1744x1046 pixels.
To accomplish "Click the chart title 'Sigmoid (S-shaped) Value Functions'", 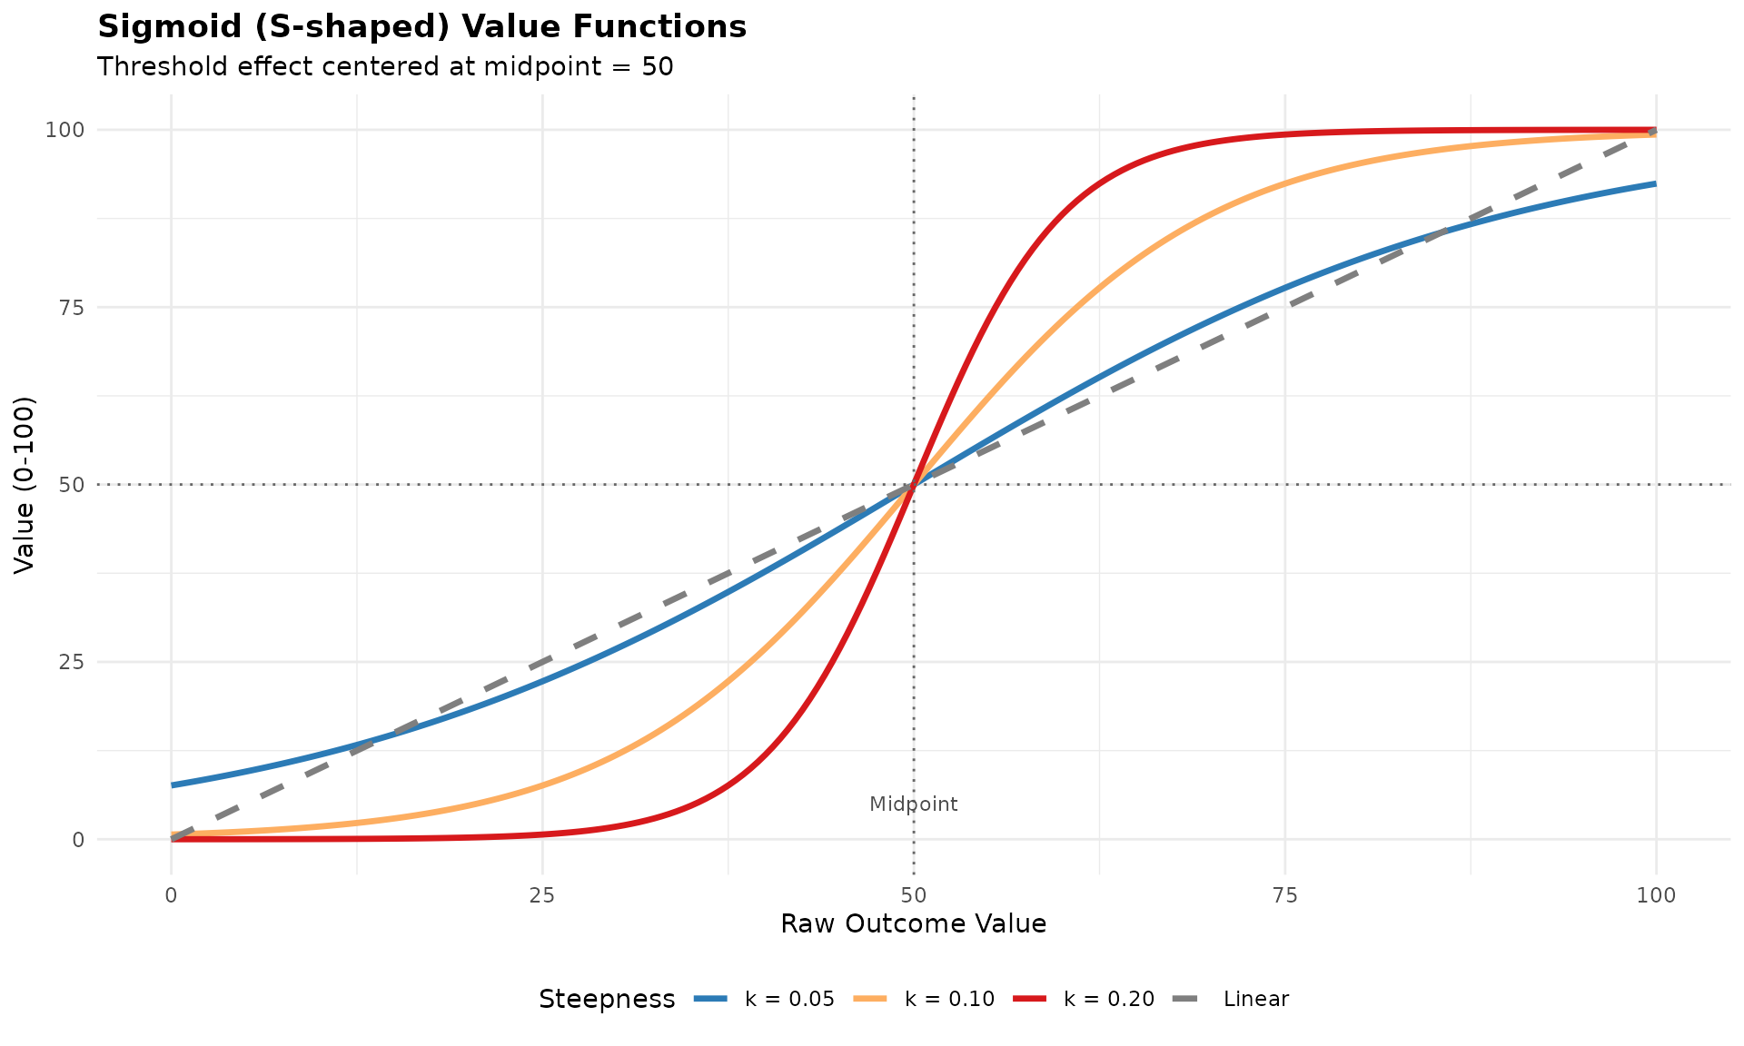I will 421,27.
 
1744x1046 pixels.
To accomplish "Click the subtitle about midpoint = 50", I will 385,67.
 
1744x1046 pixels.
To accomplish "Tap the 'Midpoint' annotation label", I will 913,804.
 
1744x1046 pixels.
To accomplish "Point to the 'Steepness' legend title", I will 607,999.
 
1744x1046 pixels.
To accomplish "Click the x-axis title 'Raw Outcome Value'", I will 913,924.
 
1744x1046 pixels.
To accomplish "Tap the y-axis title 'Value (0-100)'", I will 25,484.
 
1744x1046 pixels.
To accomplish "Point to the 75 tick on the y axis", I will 72,307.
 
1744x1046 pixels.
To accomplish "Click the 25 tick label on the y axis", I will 72,662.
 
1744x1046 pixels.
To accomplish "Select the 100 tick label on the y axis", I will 65,130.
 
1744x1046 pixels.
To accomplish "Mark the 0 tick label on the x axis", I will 171,895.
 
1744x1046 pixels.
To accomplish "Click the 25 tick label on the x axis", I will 542,895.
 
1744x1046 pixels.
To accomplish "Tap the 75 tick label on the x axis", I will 1284,895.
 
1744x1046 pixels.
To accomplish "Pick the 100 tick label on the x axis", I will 1656,895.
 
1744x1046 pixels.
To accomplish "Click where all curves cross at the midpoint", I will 913,484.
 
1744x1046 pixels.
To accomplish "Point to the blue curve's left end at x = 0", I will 173,784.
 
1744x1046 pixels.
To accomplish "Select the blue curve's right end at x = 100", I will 1655,184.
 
